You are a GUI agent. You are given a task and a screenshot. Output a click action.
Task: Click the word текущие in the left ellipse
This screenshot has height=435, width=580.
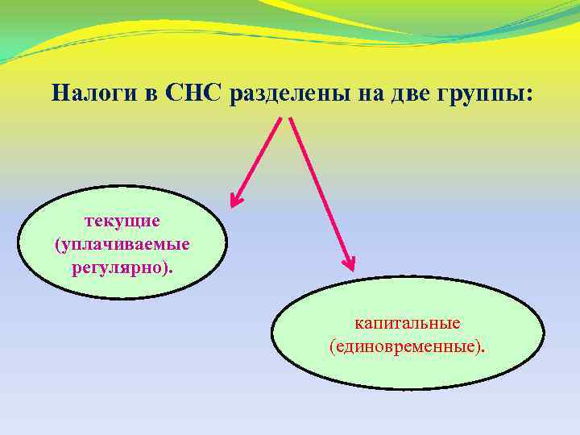coord(122,220)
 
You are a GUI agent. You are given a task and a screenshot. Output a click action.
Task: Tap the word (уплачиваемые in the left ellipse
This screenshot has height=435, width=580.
coord(122,242)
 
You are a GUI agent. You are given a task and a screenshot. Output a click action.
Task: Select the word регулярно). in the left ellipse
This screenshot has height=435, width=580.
coord(122,265)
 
